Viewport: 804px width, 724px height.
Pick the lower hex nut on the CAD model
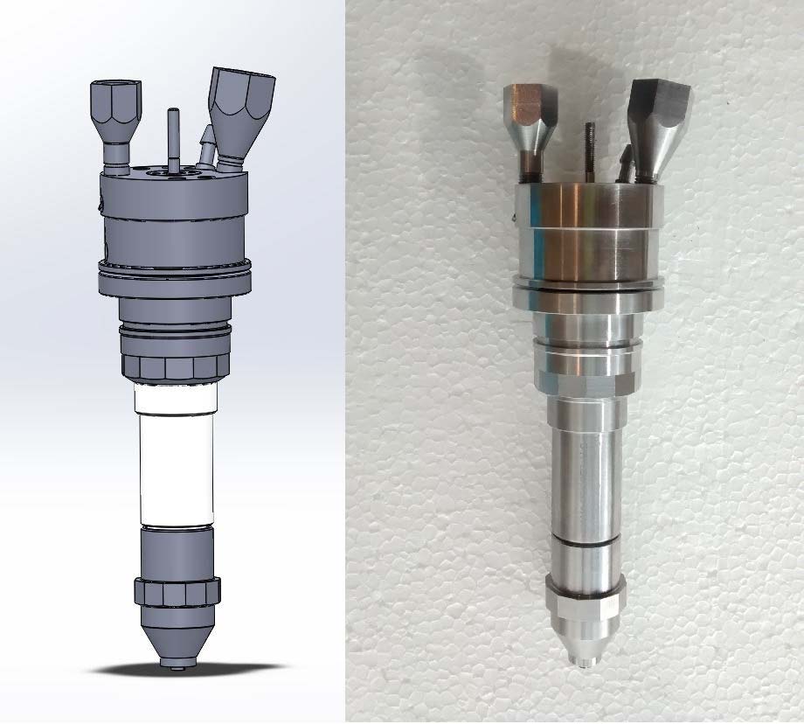click(176, 592)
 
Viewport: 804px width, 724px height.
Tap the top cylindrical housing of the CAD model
click(175, 219)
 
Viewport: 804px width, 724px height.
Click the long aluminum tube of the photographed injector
click(585, 472)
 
